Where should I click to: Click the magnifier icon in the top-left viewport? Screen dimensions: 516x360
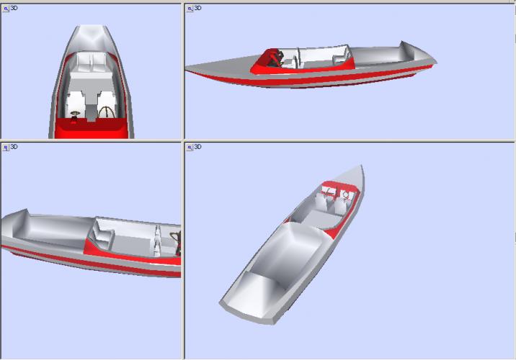pyautogui.click(x=6, y=9)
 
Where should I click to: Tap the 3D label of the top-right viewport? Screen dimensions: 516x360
pyautogui.click(x=197, y=8)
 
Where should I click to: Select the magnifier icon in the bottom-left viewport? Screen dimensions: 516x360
pyautogui.click(x=6, y=148)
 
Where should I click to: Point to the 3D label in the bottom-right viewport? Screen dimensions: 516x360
pyautogui.click(x=197, y=147)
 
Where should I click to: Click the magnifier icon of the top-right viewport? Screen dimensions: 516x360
pyautogui.click(x=190, y=9)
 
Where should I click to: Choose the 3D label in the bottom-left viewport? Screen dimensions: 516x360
pyautogui.click(x=14, y=147)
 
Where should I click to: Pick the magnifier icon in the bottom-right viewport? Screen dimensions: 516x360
pyautogui.click(x=190, y=148)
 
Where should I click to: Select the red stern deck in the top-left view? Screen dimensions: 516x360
pyautogui.click(x=91, y=129)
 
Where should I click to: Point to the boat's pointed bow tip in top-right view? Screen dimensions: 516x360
pyautogui.click(x=186, y=68)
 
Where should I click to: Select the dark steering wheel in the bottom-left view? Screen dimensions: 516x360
pyautogui.click(x=177, y=243)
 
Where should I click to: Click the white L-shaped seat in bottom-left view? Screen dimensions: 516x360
pyautogui.click(x=102, y=235)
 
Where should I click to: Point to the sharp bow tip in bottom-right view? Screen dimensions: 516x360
pyautogui.click(x=362, y=166)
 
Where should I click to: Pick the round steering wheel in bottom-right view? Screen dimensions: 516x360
pyautogui.click(x=346, y=194)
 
